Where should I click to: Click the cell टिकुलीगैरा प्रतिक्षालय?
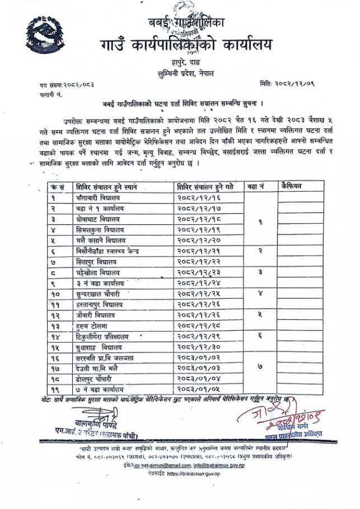click(110, 336)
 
